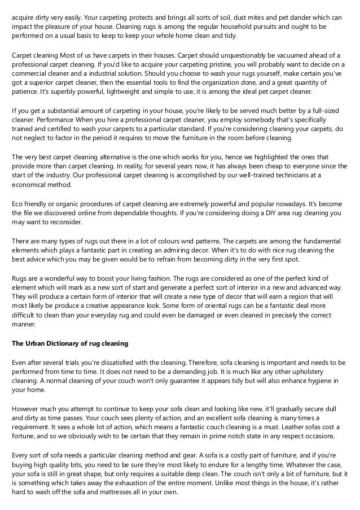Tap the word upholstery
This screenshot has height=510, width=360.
coord(325,372)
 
